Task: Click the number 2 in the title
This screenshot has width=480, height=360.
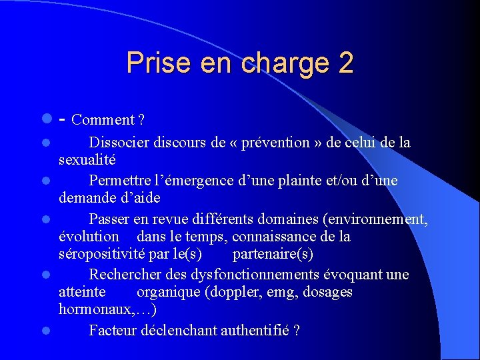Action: click(345, 63)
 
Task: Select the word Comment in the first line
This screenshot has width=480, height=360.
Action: click(102, 120)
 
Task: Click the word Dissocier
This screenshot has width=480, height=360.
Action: click(119, 143)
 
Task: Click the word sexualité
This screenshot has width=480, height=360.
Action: click(87, 160)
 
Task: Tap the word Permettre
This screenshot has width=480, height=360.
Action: click(119, 181)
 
